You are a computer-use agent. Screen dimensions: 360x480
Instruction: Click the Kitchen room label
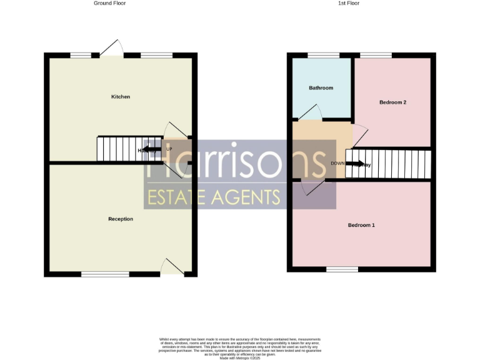pyautogui.click(x=121, y=97)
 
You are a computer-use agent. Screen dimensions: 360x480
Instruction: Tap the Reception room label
pyautogui.click(x=121, y=219)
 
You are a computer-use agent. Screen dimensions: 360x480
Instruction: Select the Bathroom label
pyautogui.click(x=321, y=88)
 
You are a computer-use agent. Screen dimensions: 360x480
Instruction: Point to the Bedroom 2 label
pyautogui.click(x=393, y=102)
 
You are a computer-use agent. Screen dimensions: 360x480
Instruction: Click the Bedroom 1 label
pyautogui.click(x=361, y=225)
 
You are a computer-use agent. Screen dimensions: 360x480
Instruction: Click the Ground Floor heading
pyautogui.click(x=110, y=3)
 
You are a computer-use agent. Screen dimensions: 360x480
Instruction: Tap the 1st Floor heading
pyautogui.click(x=349, y=3)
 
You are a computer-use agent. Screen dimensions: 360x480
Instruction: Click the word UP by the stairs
pyautogui.click(x=169, y=149)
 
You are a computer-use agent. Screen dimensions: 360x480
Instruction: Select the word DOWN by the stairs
pyautogui.click(x=337, y=163)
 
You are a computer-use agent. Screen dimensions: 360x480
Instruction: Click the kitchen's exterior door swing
pyautogui.click(x=112, y=47)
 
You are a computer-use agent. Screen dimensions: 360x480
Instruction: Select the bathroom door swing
pyautogui.click(x=311, y=111)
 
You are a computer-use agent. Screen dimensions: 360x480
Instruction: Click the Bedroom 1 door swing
pyautogui.click(x=312, y=186)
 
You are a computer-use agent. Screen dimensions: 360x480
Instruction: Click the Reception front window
pyautogui.click(x=105, y=274)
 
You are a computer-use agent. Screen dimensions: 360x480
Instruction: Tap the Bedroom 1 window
pyautogui.click(x=342, y=269)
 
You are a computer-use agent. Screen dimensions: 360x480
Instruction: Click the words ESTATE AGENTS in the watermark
pyautogui.click(x=212, y=197)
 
